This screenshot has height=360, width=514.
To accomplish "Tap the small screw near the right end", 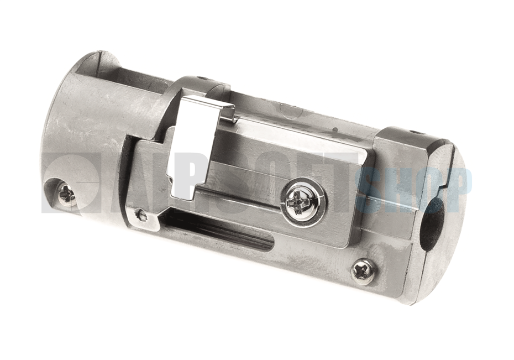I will click(363, 272).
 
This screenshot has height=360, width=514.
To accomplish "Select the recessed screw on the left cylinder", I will click(67, 194).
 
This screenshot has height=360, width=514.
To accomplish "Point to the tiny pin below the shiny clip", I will click(141, 215).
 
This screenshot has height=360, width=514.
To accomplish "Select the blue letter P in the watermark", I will click(457, 188).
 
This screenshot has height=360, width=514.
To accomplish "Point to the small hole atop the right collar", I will click(415, 133).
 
